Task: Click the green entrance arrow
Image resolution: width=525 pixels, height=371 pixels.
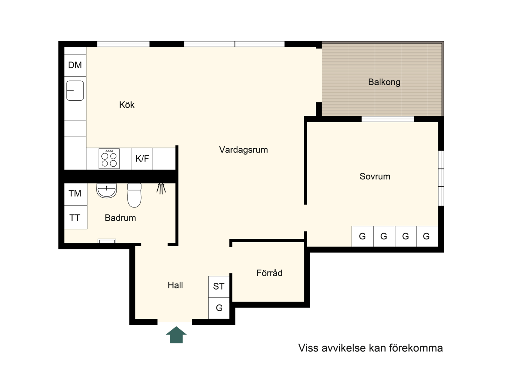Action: tap(176, 335)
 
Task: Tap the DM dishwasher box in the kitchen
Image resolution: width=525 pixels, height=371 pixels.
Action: tap(75, 65)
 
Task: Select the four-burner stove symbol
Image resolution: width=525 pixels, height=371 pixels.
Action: tap(109, 159)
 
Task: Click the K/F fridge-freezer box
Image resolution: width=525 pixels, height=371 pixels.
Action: tap(142, 159)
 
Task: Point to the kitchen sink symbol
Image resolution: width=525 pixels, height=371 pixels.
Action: tap(75, 90)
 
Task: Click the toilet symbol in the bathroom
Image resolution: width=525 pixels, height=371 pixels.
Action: tap(134, 195)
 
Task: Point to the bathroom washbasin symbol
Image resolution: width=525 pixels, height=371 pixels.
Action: tap(107, 190)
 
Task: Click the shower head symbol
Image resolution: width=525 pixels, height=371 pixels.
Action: tap(161, 189)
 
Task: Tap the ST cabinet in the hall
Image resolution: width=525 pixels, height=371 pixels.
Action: tap(219, 286)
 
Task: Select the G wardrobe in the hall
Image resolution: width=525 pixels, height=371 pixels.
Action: tap(219, 308)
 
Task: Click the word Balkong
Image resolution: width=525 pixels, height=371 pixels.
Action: tap(384, 82)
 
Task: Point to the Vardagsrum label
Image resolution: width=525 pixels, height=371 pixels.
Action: tap(243, 150)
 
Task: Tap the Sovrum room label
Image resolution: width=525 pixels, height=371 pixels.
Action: tap(375, 176)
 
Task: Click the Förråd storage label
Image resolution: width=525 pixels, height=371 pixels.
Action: tap(269, 273)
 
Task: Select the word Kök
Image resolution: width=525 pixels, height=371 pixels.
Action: tap(127, 105)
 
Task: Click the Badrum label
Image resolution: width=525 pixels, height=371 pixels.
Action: tap(120, 218)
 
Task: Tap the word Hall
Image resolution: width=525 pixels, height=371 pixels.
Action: tap(175, 285)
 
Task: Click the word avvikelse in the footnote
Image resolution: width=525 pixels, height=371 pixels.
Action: tap(344, 348)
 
